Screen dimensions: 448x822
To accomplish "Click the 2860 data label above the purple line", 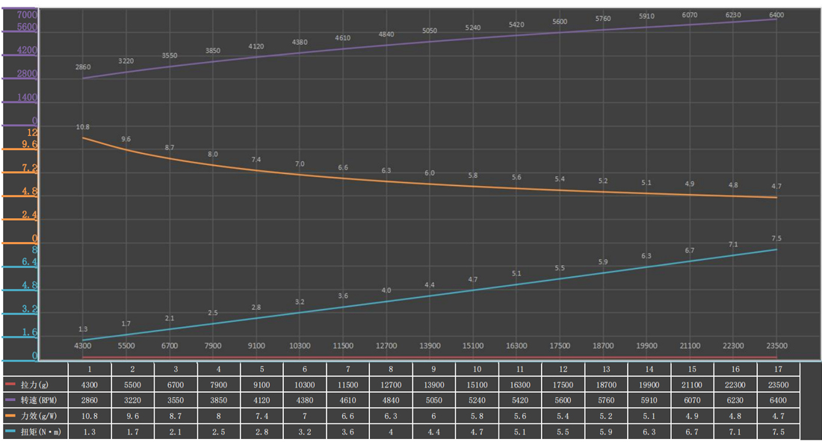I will [x=83, y=67].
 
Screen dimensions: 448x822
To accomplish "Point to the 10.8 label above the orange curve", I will [x=83, y=127].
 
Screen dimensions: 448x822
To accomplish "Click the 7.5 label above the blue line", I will [x=776, y=238].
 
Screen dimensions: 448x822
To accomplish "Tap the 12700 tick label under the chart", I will [x=386, y=346].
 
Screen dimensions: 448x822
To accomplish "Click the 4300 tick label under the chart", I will [x=83, y=346].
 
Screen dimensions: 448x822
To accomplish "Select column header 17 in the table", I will [x=779, y=369].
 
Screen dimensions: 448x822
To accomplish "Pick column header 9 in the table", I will [x=434, y=369].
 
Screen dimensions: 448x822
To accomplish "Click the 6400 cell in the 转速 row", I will [x=779, y=400].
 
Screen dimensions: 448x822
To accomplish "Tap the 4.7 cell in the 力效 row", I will [x=779, y=416].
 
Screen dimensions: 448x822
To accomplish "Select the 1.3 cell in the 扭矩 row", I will [x=90, y=432].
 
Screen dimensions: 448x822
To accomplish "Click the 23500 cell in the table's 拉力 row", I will [x=779, y=384].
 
